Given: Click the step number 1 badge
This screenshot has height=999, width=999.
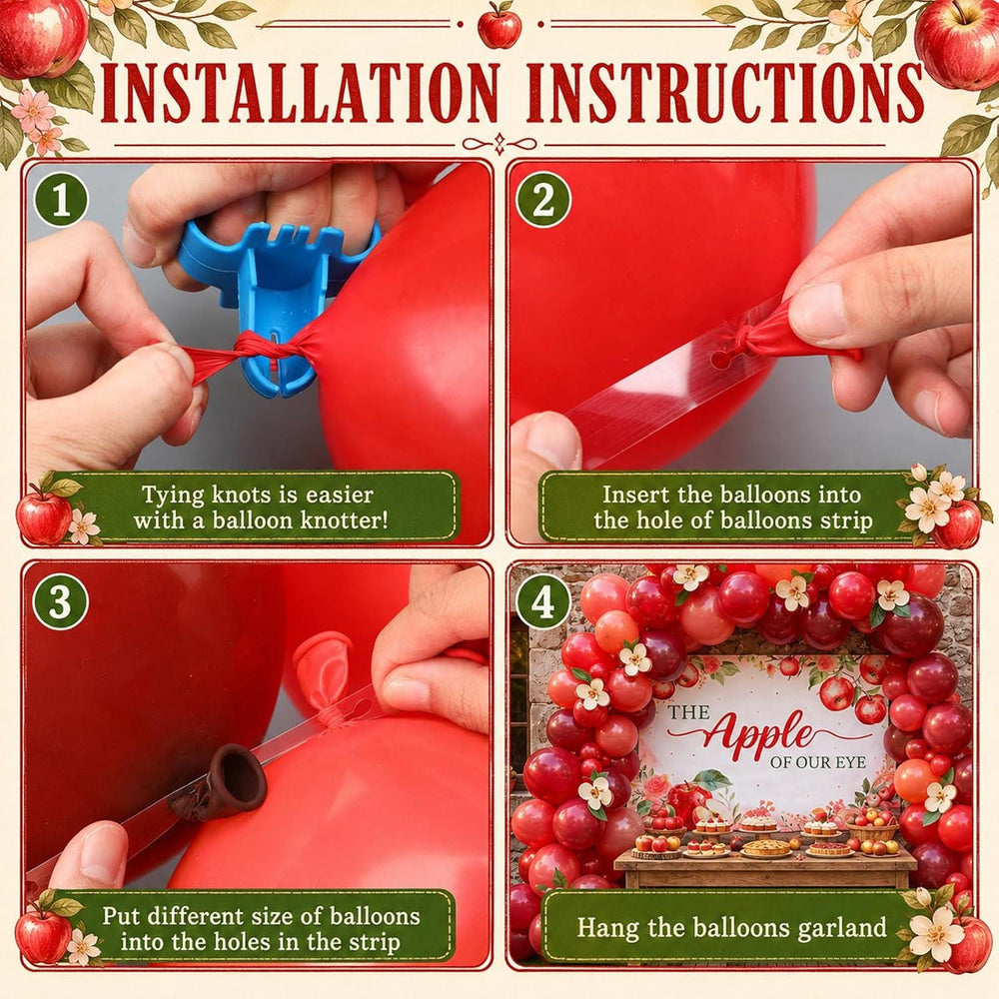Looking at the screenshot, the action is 61,199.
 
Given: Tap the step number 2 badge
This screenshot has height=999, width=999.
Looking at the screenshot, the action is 542,199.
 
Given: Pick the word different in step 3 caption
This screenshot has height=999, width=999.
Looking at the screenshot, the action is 193,915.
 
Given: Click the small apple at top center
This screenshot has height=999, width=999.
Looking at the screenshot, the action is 499,26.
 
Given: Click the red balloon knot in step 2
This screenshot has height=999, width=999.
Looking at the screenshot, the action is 745,338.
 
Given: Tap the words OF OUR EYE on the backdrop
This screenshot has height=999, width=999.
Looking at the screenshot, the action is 818,762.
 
